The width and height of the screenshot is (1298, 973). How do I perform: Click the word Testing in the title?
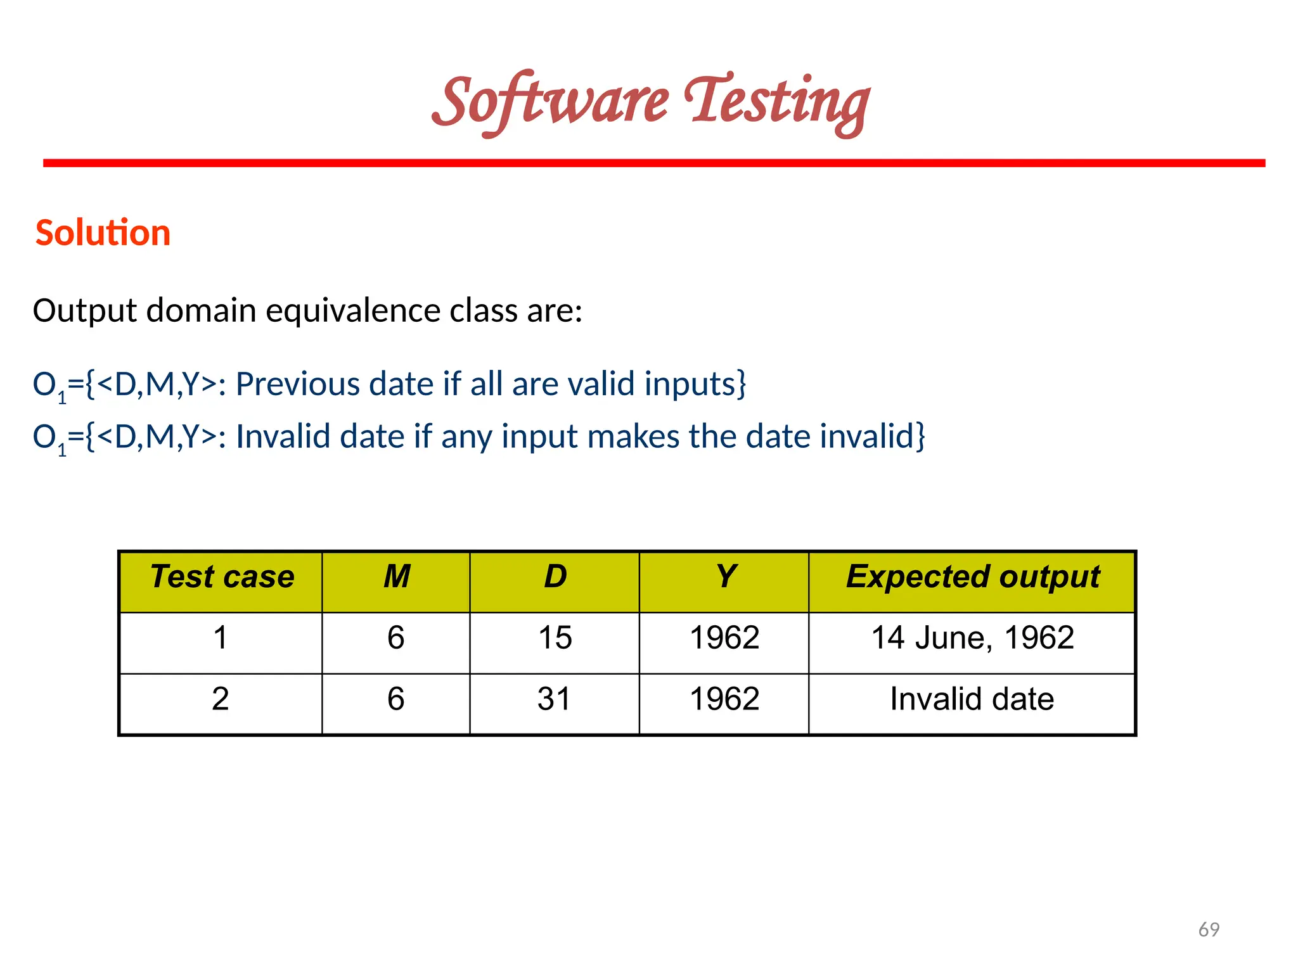(x=776, y=103)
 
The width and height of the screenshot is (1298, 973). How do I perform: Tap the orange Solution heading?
(x=103, y=232)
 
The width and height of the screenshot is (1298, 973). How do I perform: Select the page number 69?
(x=1209, y=929)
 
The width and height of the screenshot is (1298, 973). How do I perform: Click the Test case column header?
(x=222, y=577)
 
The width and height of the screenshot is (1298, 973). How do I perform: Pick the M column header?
(x=397, y=577)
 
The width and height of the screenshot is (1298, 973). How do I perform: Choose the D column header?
(x=555, y=577)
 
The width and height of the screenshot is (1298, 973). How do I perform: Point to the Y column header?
(x=725, y=577)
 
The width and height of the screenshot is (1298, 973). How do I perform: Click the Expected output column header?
(x=972, y=577)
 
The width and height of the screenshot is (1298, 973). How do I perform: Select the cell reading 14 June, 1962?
(x=972, y=638)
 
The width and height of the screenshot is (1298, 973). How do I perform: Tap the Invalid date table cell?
(x=972, y=699)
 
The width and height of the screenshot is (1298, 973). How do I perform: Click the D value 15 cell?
(x=555, y=638)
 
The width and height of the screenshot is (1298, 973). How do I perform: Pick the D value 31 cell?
(x=554, y=699)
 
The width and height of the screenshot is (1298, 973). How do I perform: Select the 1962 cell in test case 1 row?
(x=724, y=638)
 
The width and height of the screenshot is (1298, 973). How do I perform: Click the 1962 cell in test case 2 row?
(x=724, y=699)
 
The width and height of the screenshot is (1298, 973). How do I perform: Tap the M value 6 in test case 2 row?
(x=396, y=699)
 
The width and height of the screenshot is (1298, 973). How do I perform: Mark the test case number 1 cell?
(x=220, y=638)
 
